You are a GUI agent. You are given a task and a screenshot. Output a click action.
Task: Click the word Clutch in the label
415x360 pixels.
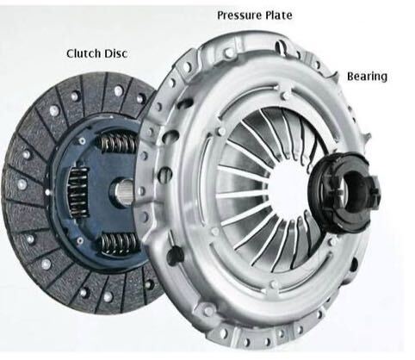(82, 53)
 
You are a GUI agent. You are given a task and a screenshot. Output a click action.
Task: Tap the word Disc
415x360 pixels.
(115, 53)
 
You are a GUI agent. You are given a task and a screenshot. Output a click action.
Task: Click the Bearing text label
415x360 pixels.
(367, 77)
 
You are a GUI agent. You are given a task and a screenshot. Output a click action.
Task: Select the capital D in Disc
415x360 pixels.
(107, 53)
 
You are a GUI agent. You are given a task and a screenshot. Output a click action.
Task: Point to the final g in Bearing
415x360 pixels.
(384, 78)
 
